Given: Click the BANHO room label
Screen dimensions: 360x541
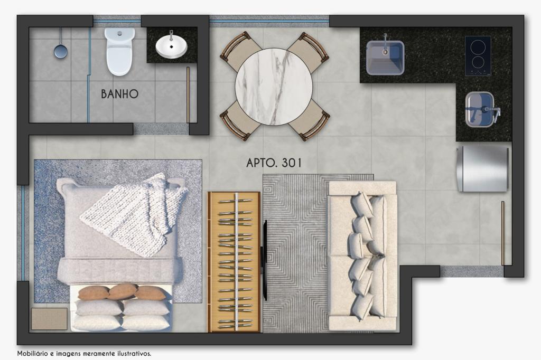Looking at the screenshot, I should pos(119,94).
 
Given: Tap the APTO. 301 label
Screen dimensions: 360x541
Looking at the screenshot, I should pos(274,163).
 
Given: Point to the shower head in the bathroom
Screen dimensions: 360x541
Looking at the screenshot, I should pos(60,51).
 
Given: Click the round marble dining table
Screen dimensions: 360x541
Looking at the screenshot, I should pos(274,87).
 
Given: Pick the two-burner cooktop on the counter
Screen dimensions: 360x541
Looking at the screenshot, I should pos(478,55).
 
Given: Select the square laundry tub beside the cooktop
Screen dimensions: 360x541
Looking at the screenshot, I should pos(385,58).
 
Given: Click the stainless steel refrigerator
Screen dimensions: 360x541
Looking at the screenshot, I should pos(482,169).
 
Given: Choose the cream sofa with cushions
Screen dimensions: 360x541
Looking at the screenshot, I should pos(362,256).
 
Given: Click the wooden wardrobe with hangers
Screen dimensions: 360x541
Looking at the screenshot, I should pos(234,262).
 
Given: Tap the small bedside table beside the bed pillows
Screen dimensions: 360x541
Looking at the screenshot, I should pos(49,319).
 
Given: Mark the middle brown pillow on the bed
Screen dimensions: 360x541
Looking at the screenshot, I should pos(123,291).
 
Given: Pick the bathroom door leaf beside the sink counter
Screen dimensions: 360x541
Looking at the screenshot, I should pos(188,95).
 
